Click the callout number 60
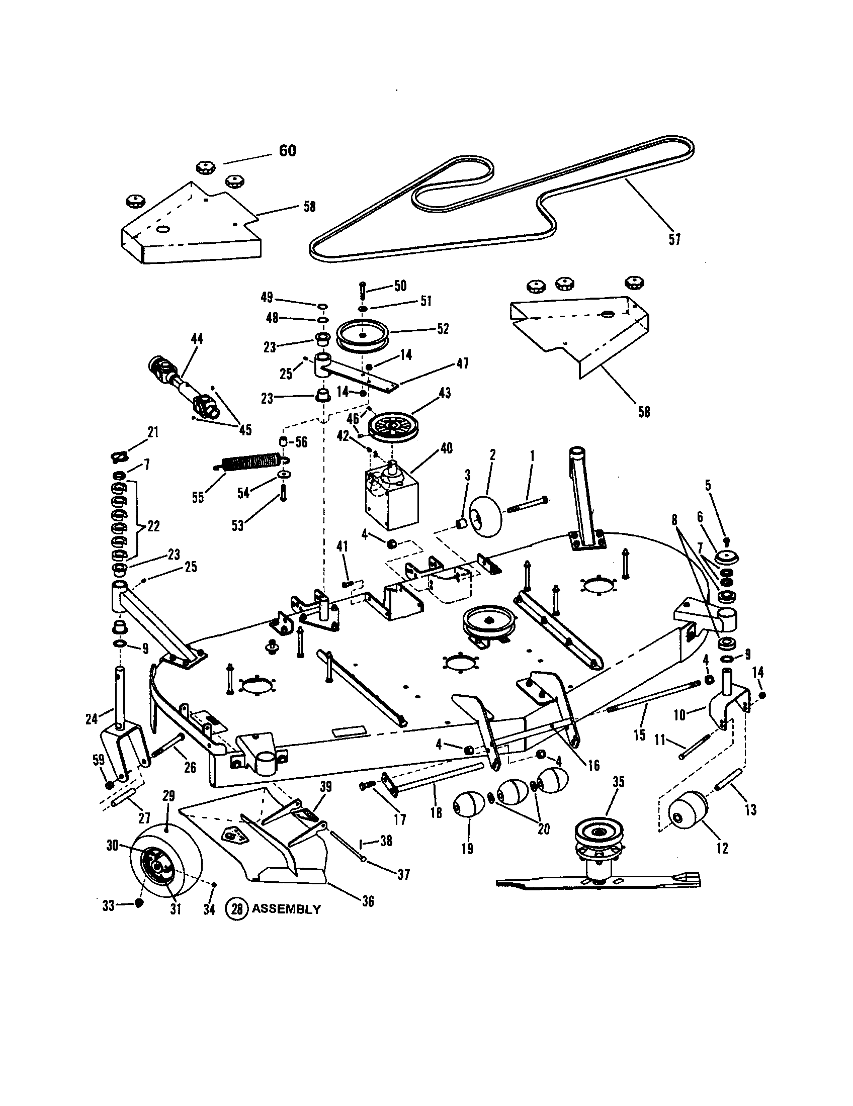[x=288, y=151]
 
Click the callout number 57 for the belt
[x=674, y=239]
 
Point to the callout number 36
[x=368, y=901]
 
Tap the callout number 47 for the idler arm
[x=463, y=363]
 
